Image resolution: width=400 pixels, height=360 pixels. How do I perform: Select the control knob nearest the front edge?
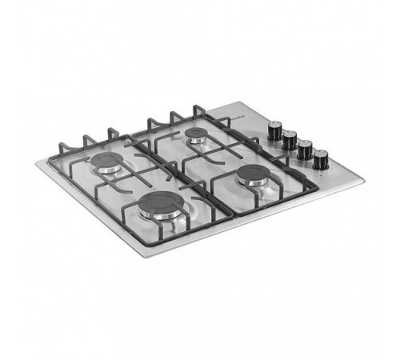321,158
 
